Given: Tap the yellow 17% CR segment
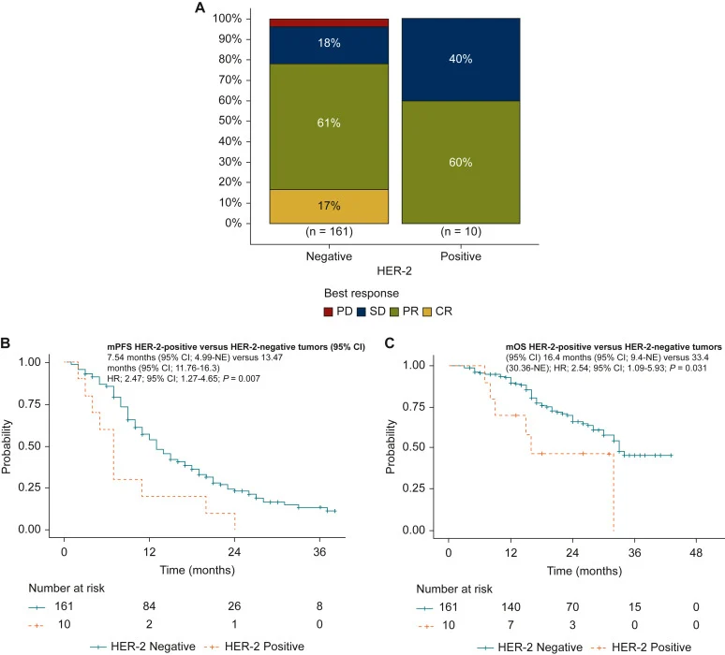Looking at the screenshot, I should [x=322, y=206].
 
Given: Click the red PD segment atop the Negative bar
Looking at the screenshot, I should [x=322, y=22].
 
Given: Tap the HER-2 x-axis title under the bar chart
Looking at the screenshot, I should [x=395, y=270].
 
